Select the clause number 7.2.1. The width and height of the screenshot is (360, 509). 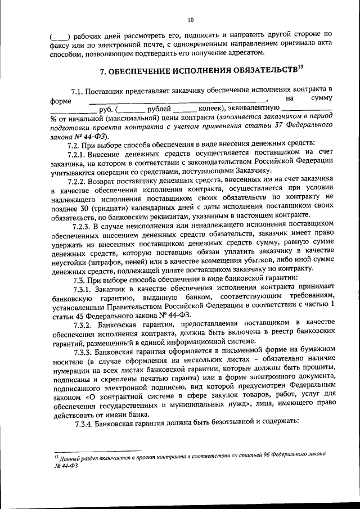tap(78, 155)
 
